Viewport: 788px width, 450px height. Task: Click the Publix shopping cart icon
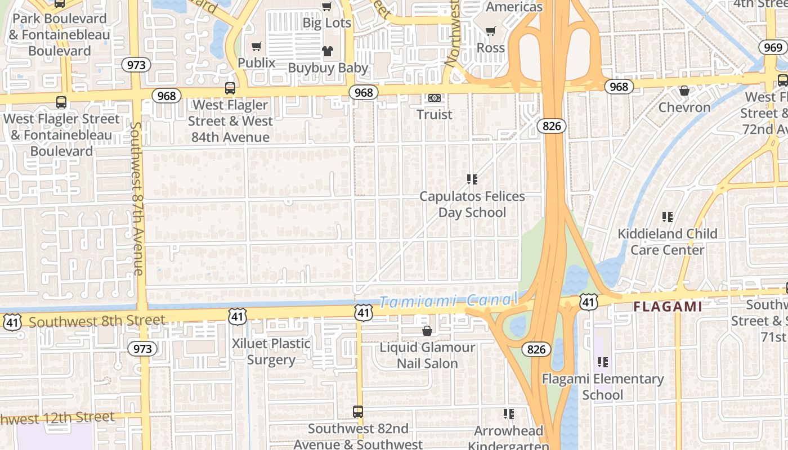(x=257, y=46)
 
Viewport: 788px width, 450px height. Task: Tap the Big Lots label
(x=326, y=23)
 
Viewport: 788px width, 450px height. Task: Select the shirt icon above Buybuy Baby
(x=328, y=51)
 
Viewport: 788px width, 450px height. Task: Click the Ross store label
(x=491, y=48)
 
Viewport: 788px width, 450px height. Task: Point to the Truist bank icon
(x=434, y=98)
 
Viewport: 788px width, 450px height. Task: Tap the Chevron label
(x=684, y=107)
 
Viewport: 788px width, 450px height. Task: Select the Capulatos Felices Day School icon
(x=472, y=179)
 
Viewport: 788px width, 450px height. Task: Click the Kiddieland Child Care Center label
(x=668, y=241)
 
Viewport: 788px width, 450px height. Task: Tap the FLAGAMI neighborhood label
(x=668, y=307)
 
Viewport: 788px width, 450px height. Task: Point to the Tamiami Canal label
(x=447, y=301)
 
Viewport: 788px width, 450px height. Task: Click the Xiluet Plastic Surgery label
(x=271, y=352)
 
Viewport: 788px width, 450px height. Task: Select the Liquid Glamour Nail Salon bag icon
(x=427, y=331)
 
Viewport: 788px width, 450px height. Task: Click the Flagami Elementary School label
(x=602, y=387)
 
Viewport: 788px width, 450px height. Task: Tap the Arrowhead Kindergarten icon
(x=509, y=415)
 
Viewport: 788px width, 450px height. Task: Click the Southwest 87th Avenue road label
(x=137, y=198)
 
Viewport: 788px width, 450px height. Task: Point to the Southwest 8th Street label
(x=97, y=321)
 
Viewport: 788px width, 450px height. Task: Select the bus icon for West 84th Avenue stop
(x=230, y=88)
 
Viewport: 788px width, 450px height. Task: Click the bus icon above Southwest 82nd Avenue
(x=358, y=412)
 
